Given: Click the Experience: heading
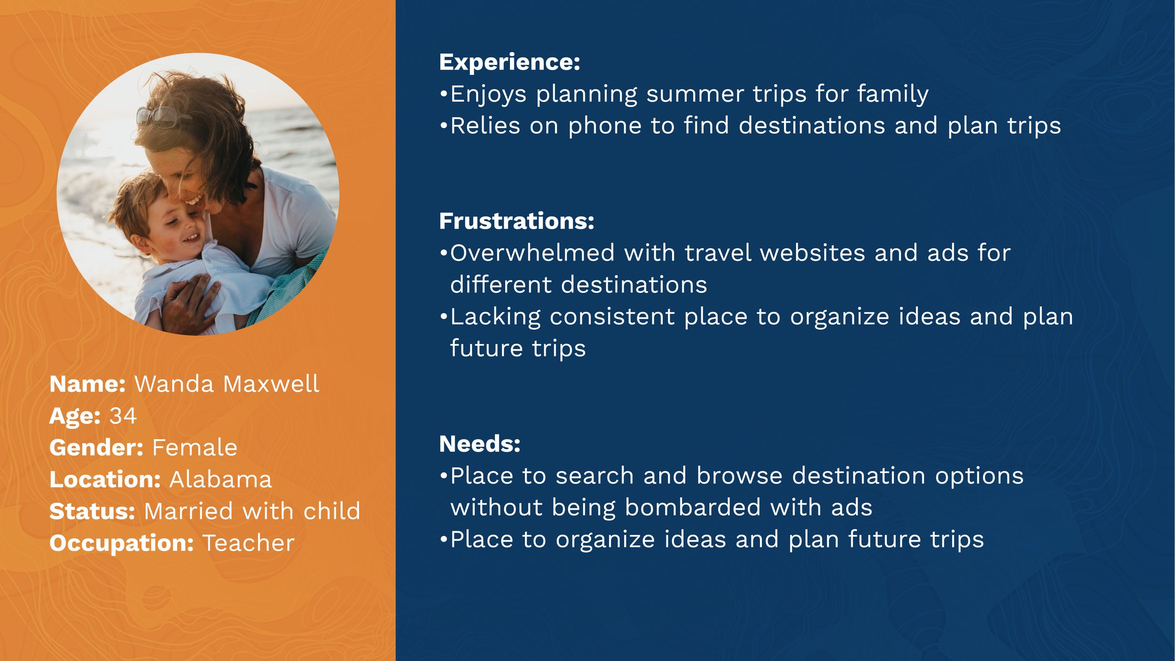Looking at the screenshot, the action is [x=509, y=63].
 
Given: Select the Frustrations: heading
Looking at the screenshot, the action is [x=517, y=221].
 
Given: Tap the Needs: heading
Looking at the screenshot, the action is [x=480, y=444].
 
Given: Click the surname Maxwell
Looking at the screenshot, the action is [x=271, y=384].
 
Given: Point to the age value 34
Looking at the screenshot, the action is [x=123, y=416].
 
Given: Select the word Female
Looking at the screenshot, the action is [x=195, y=447].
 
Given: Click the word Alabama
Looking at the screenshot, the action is [x=220, y=479].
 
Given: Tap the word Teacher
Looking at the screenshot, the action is [x=248, y=543].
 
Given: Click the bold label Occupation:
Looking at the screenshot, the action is [x=122, y=543].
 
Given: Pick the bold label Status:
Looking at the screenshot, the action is [x=93, y=511].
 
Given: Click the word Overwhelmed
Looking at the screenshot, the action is [x=533, y=253].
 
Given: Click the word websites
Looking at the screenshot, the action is [x=812, y=253].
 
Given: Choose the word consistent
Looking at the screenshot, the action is [x=612, y=316].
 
